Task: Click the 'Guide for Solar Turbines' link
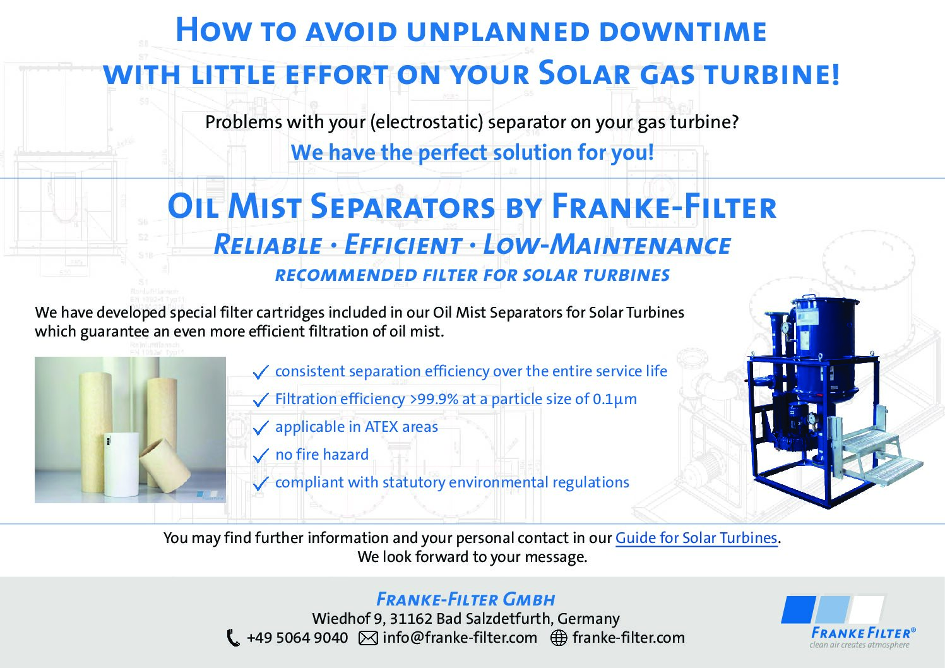[696, 538]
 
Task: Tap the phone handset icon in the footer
[234, 638]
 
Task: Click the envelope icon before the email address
[368, 638]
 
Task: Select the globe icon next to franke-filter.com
[559, 638]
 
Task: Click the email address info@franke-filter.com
[460, 638]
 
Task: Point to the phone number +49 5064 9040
[297, 638]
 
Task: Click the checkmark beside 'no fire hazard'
[261, 456]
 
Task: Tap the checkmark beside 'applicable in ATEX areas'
[261, 428]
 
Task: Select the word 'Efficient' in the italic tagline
[403, 245]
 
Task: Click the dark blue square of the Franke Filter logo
[798, 609]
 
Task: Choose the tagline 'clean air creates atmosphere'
[859, 645]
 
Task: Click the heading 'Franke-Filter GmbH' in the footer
[466, 599]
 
